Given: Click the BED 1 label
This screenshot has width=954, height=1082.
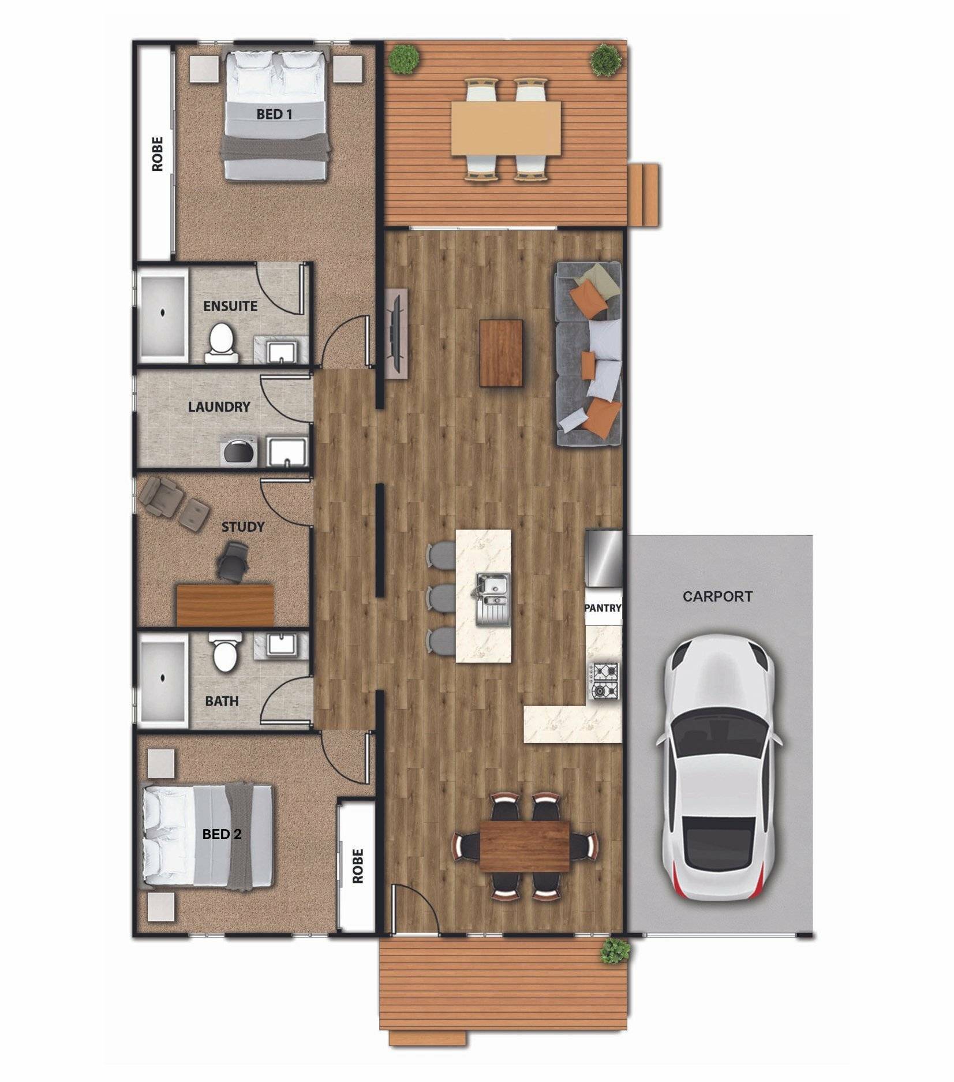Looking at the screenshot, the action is coord(274,114).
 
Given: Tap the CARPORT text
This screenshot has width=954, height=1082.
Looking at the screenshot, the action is coord(717,596).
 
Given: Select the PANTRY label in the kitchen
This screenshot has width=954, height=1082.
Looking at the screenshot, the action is coord(603,608).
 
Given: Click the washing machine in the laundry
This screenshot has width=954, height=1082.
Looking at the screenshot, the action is coord(238,452).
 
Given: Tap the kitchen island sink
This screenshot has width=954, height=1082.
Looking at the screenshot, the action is coord(493,599).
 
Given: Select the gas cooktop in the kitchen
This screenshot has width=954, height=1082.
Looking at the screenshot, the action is coord(603,681).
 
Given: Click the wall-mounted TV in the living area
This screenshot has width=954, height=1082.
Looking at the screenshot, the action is coord(396,334).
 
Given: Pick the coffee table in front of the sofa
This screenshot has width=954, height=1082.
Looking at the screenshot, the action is coord(501,353).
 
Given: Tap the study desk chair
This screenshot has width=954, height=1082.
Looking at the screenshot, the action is coord(233,560).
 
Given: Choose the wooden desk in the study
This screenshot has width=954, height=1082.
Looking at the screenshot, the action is coord(225,605).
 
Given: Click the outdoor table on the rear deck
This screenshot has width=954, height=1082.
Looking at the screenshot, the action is coord(506,128).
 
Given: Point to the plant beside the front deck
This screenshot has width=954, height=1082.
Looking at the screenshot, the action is coord(615,950).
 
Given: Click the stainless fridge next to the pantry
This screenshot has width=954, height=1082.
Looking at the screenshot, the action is coord(604,558).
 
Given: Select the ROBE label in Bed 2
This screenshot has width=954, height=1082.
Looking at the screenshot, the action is coord(358,865).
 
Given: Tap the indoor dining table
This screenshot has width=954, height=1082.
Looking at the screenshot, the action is coord(524,846).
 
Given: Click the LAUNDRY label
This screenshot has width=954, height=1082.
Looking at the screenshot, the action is coord(219,407).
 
